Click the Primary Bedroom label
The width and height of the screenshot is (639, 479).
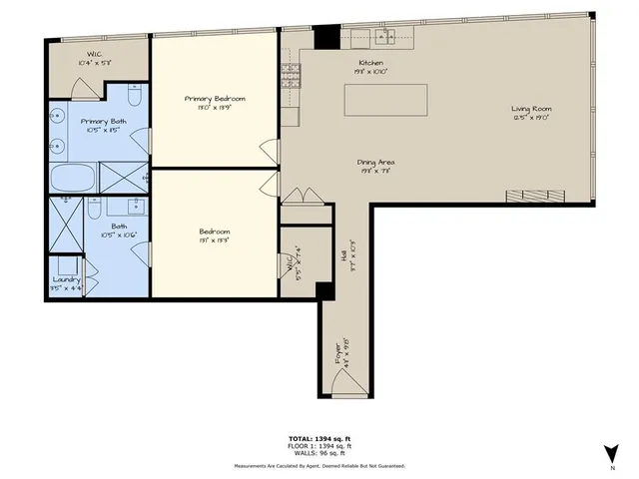(215, 99)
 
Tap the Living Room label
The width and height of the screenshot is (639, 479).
(531, 109)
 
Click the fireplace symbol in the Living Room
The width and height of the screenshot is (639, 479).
(527, 195)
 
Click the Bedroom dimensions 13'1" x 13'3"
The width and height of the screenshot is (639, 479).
(215, 240)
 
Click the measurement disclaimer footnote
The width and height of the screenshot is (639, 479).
(319, 466)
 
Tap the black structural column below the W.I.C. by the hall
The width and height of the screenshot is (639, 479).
(323, 290)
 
